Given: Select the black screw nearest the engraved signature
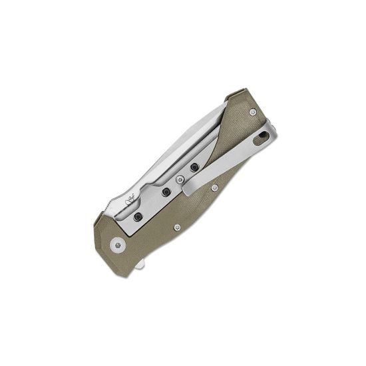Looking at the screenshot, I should tap(137, 217).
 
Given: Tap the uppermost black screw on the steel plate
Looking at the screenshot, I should tap(194, 167).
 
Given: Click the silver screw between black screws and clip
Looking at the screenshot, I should tap(180, 180).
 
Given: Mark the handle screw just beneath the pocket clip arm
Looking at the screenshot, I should tap(214, 190).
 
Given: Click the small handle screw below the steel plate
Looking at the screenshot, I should tap(176, 227).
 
